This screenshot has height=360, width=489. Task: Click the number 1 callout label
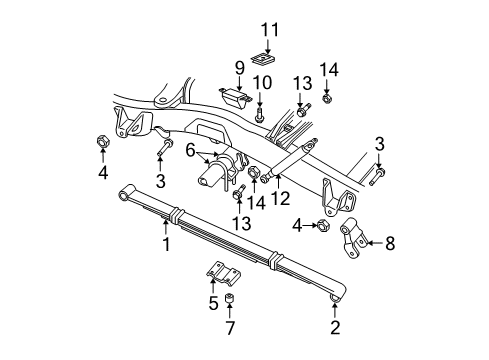167,242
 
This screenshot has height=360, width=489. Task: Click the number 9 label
240,68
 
